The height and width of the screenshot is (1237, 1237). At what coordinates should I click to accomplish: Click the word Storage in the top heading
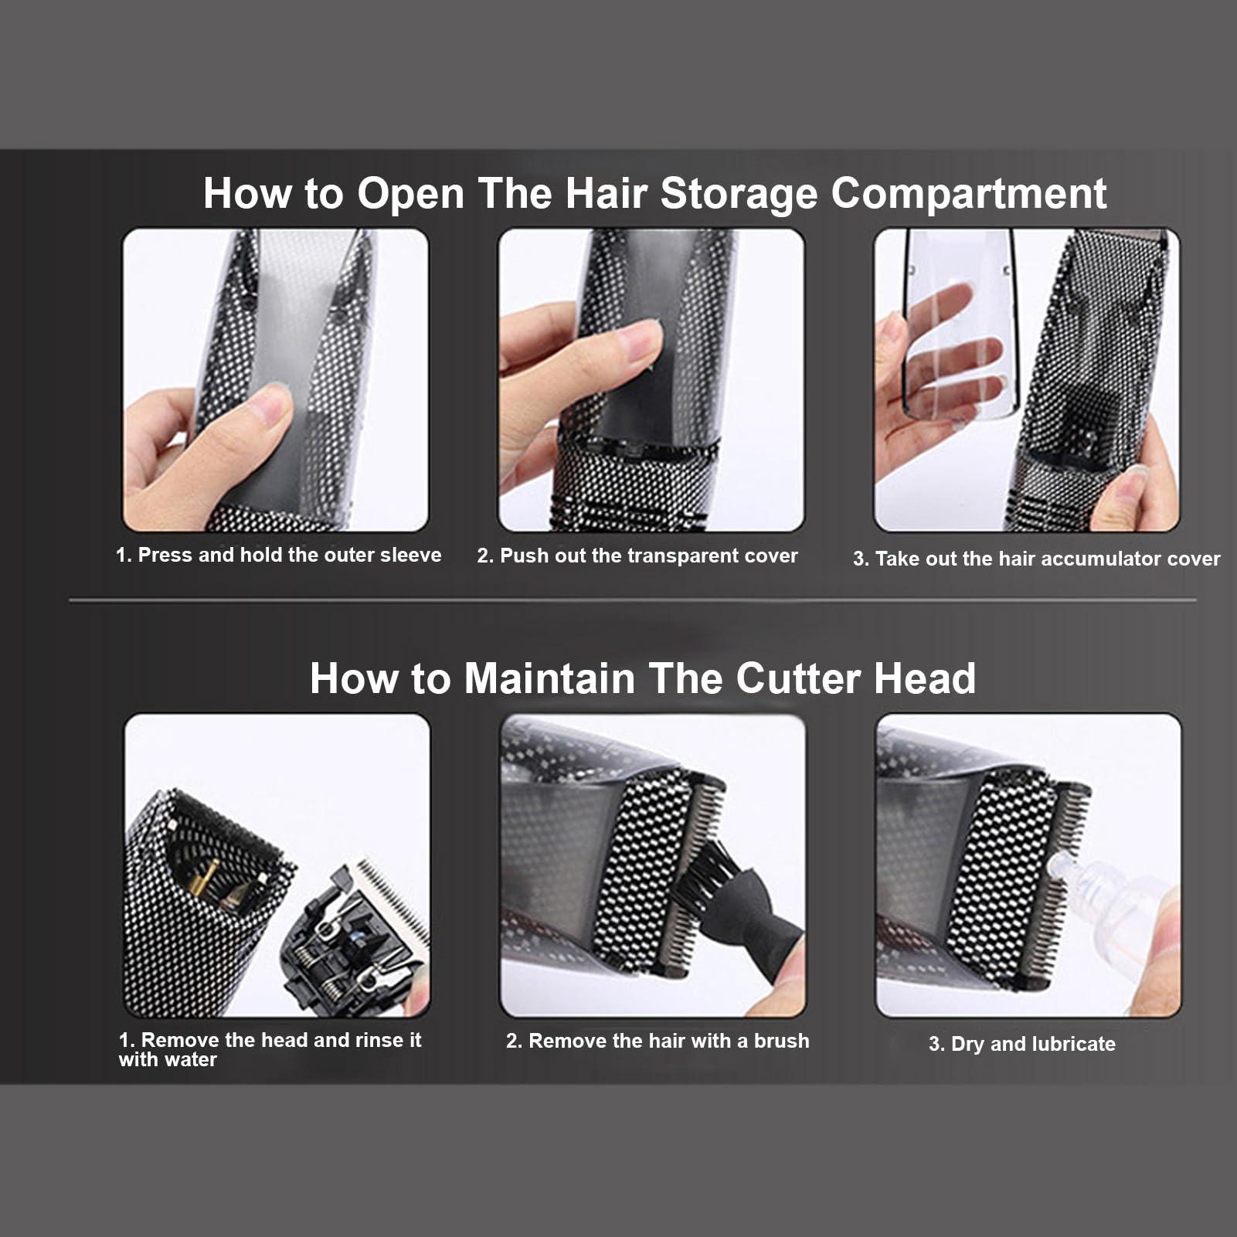click(738, 193)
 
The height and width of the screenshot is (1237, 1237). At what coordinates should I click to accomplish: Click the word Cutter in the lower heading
click(797, 678)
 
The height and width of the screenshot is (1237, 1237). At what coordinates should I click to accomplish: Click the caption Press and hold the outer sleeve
click(278, 556)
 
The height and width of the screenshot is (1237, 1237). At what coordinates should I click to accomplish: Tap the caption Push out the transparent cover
click(637, 556)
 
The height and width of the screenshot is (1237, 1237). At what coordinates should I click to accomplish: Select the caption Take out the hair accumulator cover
click(1036, 559)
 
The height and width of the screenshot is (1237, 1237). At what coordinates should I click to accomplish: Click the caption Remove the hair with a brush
click(658, 1041)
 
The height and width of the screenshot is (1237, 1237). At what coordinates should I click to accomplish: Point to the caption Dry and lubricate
click(1022, 1044)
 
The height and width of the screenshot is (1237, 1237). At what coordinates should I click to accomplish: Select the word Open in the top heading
click(410, 193)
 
